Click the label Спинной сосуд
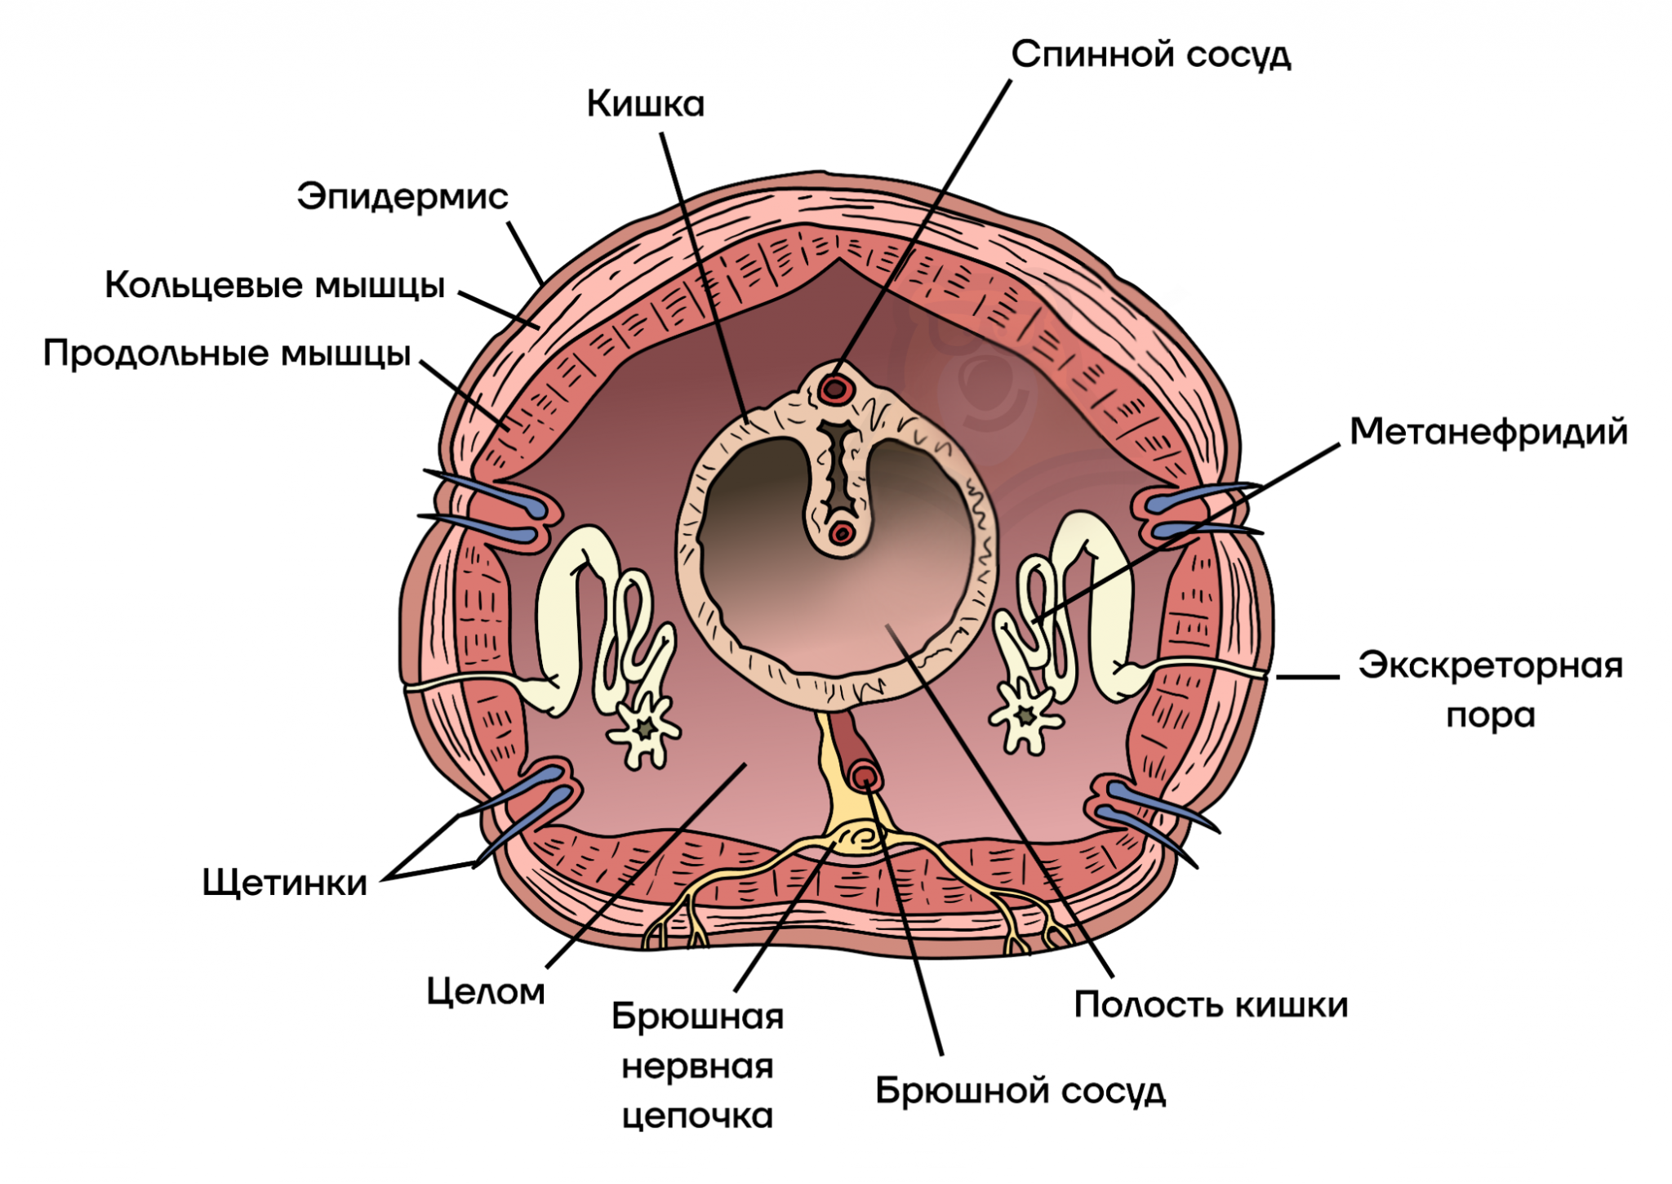[1150, 56]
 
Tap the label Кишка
[645, 105]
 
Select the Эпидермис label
[402, 197]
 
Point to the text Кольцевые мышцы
[274, 286]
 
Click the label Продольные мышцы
[226, 354]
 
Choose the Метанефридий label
[1487, 432]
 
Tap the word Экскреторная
[1490, 665]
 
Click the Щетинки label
[284, 883]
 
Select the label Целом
[485, 991]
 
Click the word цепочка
[697, 1115]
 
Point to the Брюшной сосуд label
[1020, 1091]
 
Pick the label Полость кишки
[1210, 1004]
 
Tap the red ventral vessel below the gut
[864, 774]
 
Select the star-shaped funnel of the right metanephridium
[1025, 716]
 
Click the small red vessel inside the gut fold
[841, 534]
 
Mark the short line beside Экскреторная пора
[1307, 677]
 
